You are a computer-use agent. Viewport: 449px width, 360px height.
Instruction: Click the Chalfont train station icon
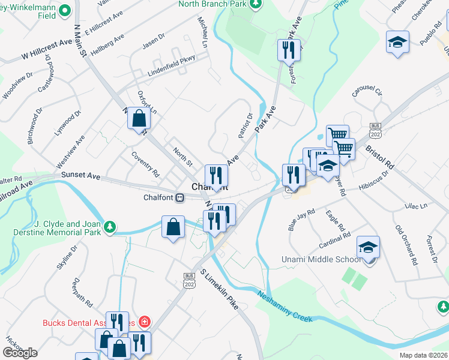pyautogui.click(x=179, y=197)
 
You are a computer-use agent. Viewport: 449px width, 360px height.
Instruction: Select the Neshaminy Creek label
pyautogui.click(x=286, y=306)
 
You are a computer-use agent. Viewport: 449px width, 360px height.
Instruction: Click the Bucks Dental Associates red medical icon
pyautogui.click(x=144, y=322)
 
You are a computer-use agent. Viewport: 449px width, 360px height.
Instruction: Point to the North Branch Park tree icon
pyautogui.click(x=256, y=4)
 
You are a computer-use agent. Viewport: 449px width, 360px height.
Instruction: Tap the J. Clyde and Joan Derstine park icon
pyautogui.click(x=109, y=226)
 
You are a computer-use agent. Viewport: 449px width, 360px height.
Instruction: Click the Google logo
pyautogui.click(x=20, y=352)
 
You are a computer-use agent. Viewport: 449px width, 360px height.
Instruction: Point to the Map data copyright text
pyautogui.click(x=423, y=355)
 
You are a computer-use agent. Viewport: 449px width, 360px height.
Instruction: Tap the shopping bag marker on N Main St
pyautogui.click(x=139, y=119)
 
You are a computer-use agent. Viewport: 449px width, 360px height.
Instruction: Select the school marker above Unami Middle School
pyautogui.click(x=369, y=247)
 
